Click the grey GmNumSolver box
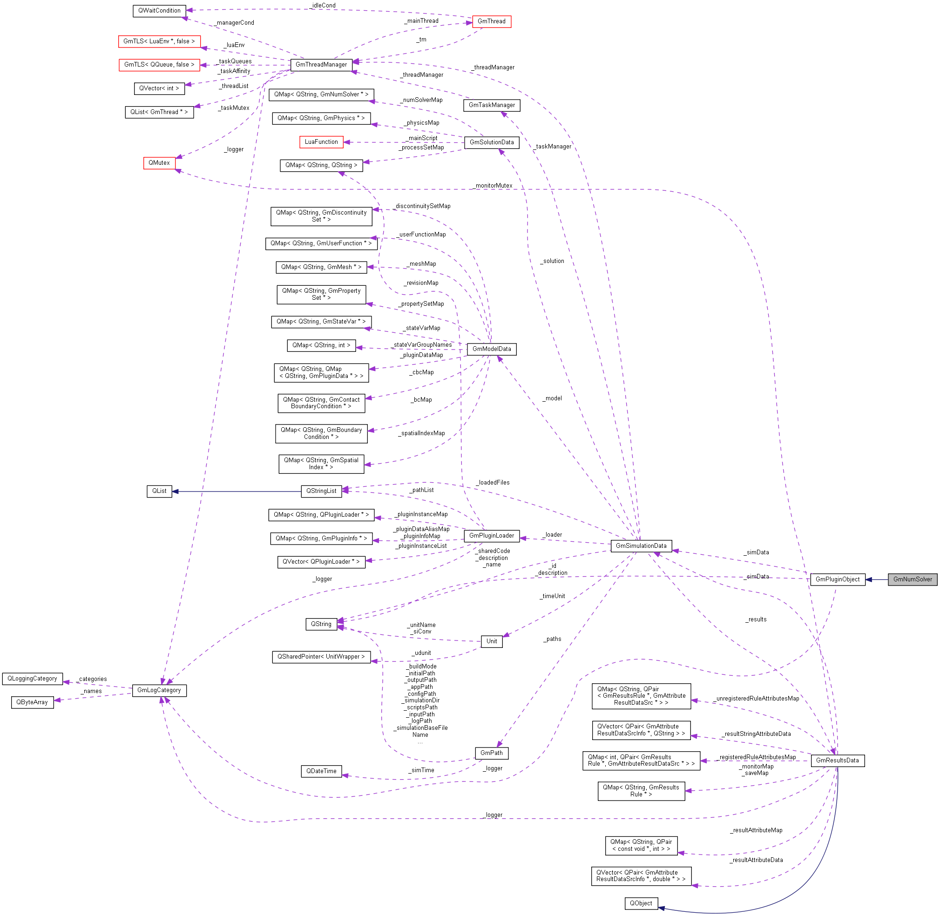912,579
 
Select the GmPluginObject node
837,579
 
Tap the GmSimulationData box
641,546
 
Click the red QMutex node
159,163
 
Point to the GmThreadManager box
321,65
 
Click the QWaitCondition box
159,11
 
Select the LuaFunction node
321,142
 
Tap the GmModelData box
492,349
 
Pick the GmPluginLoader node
492,535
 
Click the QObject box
641,903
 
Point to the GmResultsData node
838,760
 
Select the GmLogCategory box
159,690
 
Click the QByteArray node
32,702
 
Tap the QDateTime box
322,771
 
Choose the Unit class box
492,641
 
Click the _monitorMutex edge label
494,186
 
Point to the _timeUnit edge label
553,596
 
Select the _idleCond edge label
324,6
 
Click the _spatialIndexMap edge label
422,433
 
